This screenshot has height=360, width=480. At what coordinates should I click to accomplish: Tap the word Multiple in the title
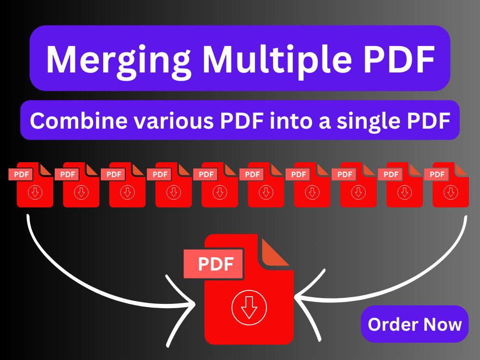277,60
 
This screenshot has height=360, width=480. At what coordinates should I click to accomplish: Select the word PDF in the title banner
399,59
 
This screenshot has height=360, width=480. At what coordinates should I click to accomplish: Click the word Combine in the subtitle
79,120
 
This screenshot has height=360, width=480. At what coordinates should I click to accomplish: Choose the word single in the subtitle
369,121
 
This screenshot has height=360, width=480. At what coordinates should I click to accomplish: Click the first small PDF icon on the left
31,185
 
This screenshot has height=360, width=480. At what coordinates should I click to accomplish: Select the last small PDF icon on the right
446,185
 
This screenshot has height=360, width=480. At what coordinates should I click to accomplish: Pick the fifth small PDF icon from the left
216,185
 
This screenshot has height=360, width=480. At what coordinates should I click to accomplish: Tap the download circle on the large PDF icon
249,307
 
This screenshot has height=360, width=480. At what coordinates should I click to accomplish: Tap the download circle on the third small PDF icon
127,192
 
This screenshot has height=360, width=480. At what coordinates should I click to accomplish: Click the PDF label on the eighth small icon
345,175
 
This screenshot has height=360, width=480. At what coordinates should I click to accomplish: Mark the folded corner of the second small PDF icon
91,170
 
